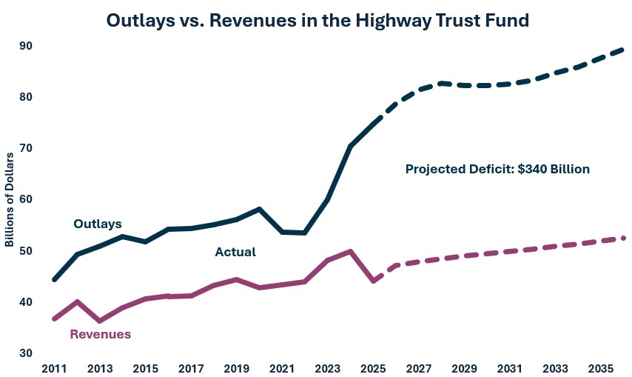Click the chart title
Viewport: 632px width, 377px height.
click(317, 20)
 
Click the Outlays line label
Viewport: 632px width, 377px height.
click(97, 224)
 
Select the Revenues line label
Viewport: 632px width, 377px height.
click(100, 334)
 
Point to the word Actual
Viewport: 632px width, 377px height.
click(235, 252)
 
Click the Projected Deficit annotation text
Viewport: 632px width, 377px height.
click(497, 169)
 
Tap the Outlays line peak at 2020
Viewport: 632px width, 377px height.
click(259, 209)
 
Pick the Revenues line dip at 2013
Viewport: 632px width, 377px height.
click(100, 321)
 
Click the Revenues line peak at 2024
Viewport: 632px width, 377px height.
click(350, 251)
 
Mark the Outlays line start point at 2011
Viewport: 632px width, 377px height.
click(55, 279)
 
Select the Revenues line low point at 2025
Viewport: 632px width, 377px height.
click(373, 281)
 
